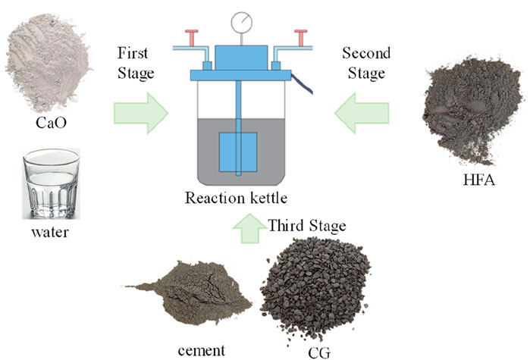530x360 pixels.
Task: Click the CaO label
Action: (x=47, y=122)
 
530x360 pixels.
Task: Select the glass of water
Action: (x=51, y=183)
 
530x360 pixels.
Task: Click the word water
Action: (x=50, y=232)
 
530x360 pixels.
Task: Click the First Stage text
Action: (x=136, y=63)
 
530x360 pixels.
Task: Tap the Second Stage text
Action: (x=366, y=63)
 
